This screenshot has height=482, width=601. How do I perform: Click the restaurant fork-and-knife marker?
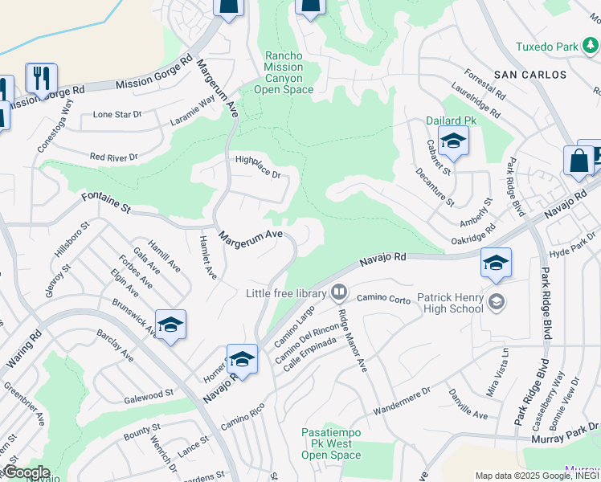pyautogui.click(x=41, y=78)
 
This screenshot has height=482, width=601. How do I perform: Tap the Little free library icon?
pyautogui.click(x=340, y=292)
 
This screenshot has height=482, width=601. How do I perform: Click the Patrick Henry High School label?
pyautogui.click(x=450, y=304)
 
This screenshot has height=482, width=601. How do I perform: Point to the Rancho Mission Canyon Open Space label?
pyautogui.click(x=284, y=72)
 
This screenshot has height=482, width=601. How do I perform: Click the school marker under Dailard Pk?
pyautogui.click(x=453, y=142)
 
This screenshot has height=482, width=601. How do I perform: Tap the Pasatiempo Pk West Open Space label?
pyautogui.click(x=331, y=443)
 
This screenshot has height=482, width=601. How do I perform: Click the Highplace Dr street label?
pyautogui.click(x=257, y=167)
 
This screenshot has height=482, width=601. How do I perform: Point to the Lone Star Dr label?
pyautogui.click(x=117, y=115)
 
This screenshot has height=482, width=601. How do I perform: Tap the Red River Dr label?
pyautogui.click(x=114, y=157)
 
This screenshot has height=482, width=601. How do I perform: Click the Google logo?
pyautogui.click(x=26, y=472)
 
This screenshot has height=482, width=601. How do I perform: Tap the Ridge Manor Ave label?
pyautogui.click(x=352, y=341)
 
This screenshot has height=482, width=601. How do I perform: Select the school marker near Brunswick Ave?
pyautogui.click(x=170, y=325)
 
